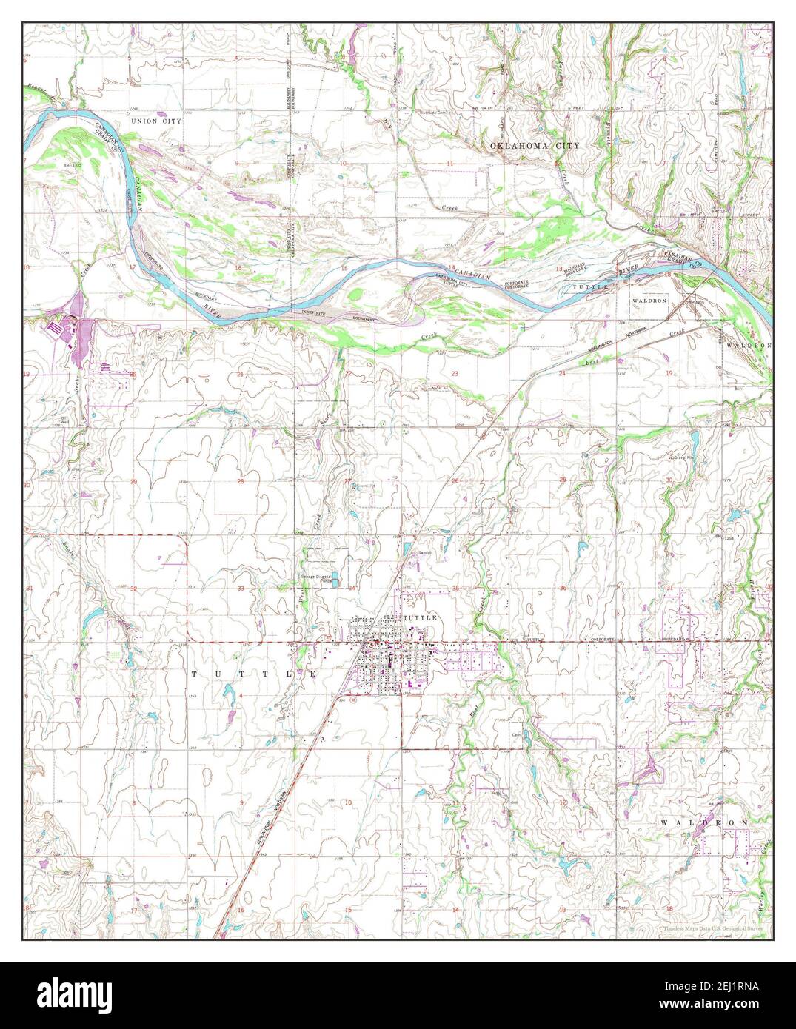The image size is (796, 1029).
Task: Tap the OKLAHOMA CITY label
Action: (x=535, y=147)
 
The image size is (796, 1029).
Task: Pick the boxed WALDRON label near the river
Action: (x=649, y=301)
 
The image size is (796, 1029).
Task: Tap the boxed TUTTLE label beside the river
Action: (x=588, y=286)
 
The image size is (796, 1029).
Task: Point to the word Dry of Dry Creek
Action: (x=386, y=124)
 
